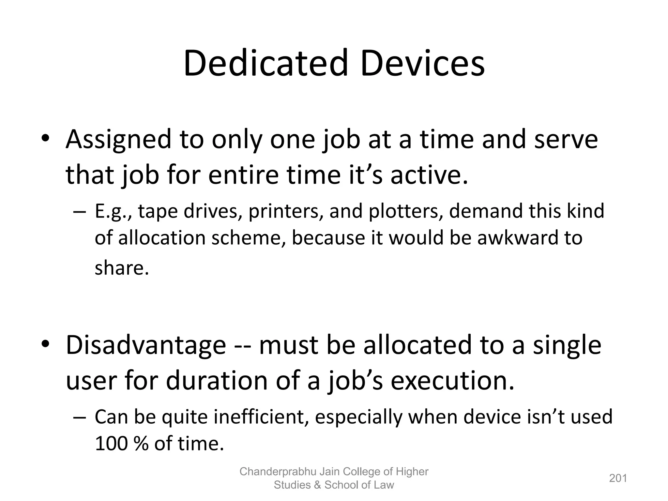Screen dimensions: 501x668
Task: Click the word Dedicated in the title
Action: (266, 63)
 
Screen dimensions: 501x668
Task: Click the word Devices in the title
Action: (422, 63)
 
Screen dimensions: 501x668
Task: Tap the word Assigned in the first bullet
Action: (118, 140)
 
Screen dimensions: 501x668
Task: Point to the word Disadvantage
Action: (146, 345)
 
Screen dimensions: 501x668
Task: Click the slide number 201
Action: (618, 478)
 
